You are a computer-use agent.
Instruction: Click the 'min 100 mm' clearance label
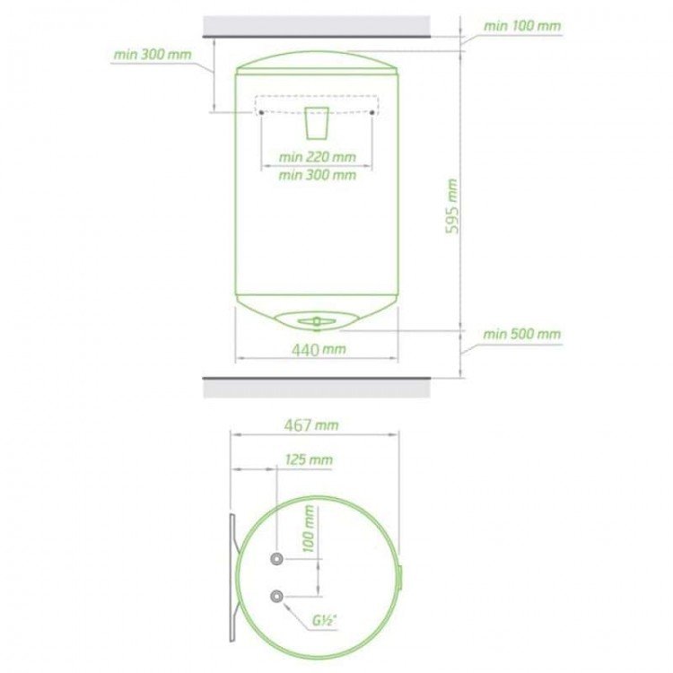click(522, 26)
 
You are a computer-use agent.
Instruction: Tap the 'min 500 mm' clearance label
click(522, 334)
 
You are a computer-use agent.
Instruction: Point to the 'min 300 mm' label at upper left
click(153, 55)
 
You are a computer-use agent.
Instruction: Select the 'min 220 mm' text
click(317, 157)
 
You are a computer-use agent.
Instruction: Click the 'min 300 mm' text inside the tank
click(317, 175)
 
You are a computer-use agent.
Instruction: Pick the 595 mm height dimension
click(452, 206)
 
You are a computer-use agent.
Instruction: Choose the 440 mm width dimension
click(319, 350)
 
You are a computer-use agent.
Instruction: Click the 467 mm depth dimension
click(311, 425)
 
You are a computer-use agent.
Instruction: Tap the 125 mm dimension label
click(309, 459)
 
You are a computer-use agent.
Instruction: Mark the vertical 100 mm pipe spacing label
click(309, 529)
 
